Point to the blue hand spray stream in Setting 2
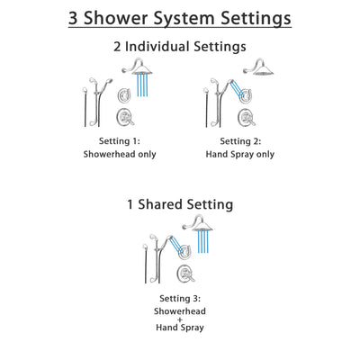click(x=237, y=90)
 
